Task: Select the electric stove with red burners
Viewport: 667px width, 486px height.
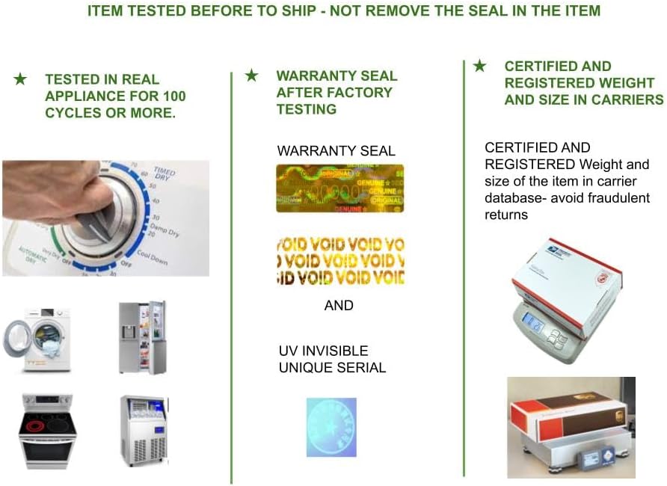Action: click(47, 431)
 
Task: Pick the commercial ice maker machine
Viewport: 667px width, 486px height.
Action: click(143, 430)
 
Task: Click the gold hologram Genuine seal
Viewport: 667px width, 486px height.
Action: click(339, 188)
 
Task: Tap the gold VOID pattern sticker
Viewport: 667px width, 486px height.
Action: click(339, 261)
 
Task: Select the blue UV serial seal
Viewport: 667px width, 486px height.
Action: click(331, 427)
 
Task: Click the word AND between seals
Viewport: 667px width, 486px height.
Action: click(339, 306)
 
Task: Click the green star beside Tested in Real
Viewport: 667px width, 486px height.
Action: click(21, 79)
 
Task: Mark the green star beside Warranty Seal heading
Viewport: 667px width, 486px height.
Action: click(252, 76)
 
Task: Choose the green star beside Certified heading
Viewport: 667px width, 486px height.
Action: click(479, 66)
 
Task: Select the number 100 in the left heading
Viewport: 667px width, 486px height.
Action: click(173, 96)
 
